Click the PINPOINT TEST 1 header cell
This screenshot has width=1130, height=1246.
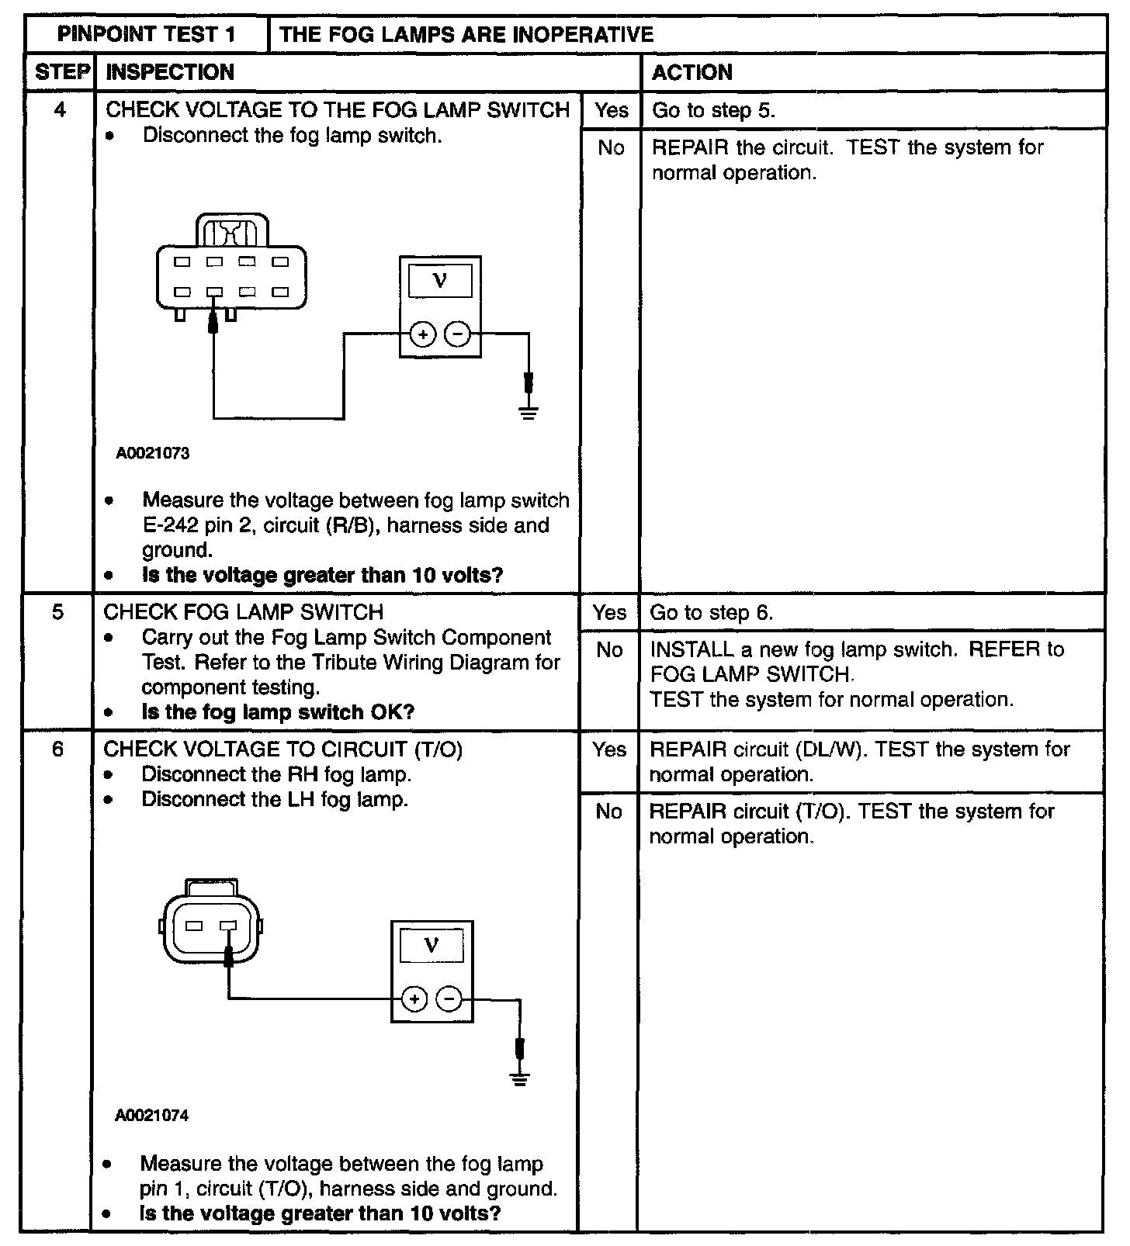[147, 34]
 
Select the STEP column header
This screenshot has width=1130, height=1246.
[61, 72]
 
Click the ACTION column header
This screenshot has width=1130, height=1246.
[692, 72]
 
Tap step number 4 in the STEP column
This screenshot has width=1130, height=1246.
[61, 110]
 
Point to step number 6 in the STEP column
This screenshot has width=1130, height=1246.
[58, 749]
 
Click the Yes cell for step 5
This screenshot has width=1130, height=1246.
[609, 613]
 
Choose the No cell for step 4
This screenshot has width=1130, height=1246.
[611, 147]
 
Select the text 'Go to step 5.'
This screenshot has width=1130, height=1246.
[713, 110]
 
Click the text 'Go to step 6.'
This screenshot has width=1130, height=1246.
[711, 613]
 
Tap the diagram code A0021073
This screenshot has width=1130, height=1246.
[153, 453]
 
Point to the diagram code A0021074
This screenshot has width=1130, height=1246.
[152, 1116]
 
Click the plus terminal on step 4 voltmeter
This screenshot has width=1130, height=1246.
[423, 334]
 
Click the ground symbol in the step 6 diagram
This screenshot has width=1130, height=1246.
[520, 1077]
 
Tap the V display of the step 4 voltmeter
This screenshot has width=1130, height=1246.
[440, 280]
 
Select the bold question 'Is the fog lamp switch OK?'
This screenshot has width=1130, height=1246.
[278, 712]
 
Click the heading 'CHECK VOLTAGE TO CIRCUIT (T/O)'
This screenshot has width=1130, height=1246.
[282, 749]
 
